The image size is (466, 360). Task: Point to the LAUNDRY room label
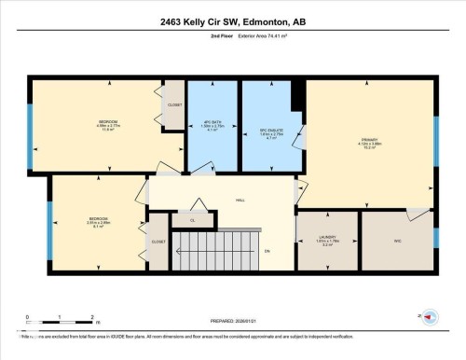326,238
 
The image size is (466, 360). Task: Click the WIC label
396,240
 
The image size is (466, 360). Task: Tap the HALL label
240,199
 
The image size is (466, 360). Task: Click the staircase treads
213,252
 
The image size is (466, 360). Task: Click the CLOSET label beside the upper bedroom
174,104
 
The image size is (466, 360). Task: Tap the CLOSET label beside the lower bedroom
158,242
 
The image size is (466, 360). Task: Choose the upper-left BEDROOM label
107,123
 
